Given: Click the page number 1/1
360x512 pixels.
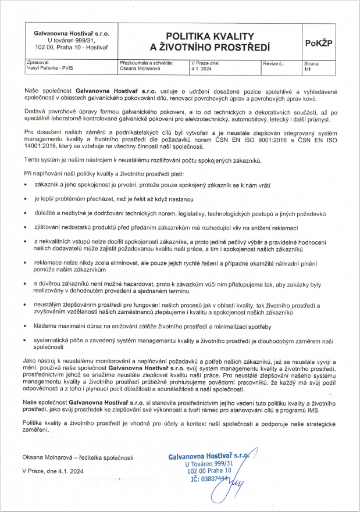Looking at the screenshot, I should pyautogui.click(x=307, y=68).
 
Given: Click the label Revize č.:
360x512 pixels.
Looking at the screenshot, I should pyautogui.click(x=273, y=63).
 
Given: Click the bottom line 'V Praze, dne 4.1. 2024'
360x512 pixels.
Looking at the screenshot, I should pyautogui.click(x=53, y=471).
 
